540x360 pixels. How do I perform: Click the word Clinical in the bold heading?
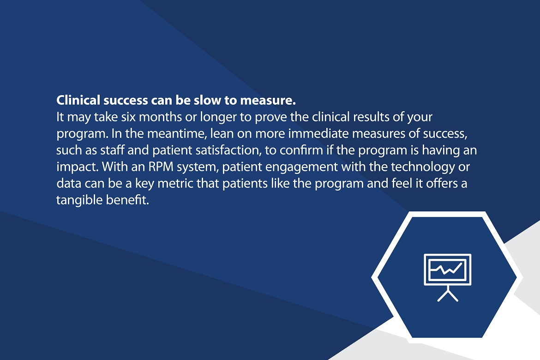tap(78, 100)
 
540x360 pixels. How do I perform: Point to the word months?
tap(160, 117)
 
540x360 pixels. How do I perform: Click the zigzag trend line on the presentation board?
tap(447, 268)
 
